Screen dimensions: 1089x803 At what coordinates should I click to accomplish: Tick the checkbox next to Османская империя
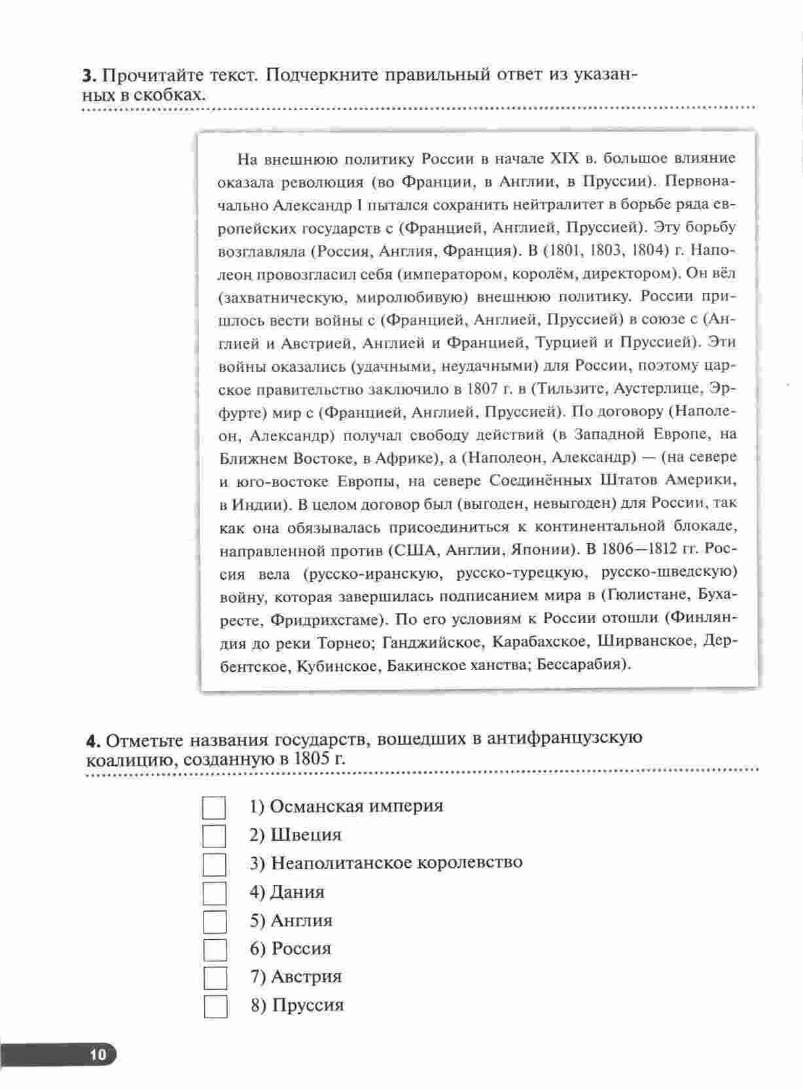point(214,808)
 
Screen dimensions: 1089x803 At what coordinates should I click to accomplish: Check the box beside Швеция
point(214,836)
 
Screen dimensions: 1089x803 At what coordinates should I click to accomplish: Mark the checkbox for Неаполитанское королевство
point(214,865)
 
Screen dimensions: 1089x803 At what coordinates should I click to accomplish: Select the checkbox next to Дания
point(215,893)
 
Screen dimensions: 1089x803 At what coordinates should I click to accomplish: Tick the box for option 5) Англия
point(215,921)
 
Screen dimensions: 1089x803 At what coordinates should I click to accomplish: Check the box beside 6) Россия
point(215,950)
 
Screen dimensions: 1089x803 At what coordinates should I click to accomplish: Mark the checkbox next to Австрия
point(215,978)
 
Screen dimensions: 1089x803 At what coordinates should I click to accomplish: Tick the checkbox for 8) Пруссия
point(215,1007)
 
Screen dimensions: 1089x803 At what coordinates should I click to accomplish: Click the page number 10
point(98,1054)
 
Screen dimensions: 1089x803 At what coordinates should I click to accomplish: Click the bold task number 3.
point(88,76)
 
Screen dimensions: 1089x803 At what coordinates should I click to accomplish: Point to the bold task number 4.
point(93,741)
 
